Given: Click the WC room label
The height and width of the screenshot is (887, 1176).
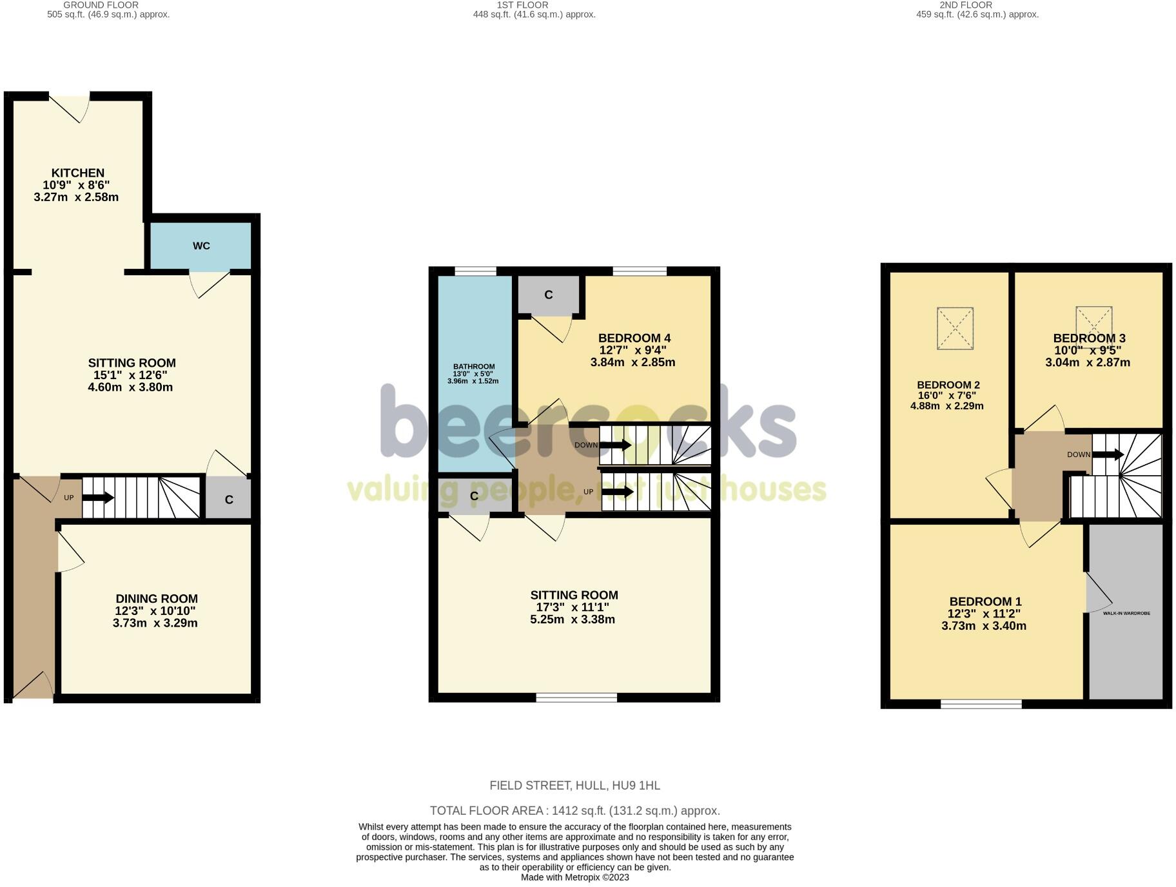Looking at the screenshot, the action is point(201,246).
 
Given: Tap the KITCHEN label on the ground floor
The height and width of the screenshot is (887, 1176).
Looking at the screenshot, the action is point(78,173).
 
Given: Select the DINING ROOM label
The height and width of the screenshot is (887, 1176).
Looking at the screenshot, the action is point(157,598).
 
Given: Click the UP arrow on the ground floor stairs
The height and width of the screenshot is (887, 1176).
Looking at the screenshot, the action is point(99,498).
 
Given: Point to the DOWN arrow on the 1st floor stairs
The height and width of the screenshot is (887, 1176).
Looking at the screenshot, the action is point(615,445).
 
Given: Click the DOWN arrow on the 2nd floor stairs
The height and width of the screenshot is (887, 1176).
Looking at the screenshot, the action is point(1108,454).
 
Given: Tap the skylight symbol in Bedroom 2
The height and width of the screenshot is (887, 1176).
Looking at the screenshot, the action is point(955,329).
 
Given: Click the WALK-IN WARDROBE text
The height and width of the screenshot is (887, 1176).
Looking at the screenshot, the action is point(1126,613).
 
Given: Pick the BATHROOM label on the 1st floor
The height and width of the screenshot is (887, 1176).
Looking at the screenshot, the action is point(474,367).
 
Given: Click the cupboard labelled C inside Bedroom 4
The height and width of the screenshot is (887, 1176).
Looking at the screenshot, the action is point(549,295).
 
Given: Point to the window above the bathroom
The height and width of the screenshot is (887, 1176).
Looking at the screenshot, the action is point(476,271).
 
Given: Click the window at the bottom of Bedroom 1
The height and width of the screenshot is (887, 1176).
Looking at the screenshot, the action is point(981,704).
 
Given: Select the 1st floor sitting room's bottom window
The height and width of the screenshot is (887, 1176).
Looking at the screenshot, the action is point(576,697).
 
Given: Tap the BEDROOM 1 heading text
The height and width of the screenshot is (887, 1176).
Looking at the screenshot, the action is point(985,601).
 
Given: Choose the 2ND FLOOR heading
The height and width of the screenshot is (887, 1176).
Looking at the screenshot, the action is point(966,5).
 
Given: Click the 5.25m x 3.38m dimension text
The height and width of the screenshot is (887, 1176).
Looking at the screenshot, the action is point(573,619).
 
